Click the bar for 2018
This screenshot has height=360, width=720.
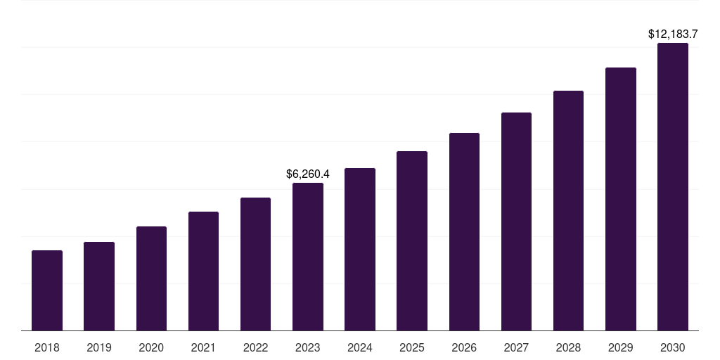point(47,290)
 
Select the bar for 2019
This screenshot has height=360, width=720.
point(99,286)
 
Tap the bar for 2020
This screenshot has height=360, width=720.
point(151,278)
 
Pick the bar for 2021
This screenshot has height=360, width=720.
point(203,271)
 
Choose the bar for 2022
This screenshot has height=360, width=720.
point(255,264)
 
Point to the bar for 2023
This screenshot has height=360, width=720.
point(308,257)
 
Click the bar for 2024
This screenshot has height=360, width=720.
point(360,249)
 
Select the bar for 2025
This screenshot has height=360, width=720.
point(412,240)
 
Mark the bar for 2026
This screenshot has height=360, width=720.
point(464,231)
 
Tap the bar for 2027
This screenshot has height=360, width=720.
point(516,221)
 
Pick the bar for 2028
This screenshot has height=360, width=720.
point(568,210)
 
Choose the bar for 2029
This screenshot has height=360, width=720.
point(620,199)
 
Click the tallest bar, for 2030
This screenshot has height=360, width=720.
point(673,186)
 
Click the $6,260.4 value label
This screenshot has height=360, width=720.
point(308,174)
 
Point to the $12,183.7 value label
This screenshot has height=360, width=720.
point(673,34)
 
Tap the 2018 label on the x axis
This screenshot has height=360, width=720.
point(47,347)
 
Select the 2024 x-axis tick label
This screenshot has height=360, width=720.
point(360,347)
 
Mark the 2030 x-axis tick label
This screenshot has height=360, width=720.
point(673,347)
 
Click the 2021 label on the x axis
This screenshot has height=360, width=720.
point(203,347)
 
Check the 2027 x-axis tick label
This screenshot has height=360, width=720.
point(516,347)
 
